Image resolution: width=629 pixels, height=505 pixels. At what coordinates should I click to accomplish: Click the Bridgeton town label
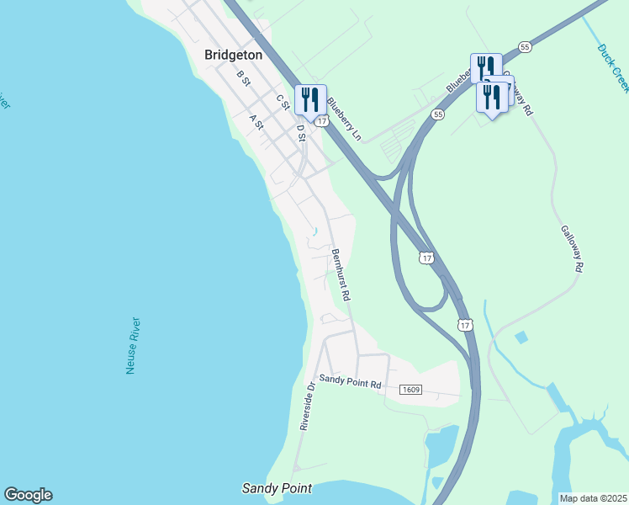coord(233,55)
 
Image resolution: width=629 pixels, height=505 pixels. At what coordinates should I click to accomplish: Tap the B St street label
coord(244,78)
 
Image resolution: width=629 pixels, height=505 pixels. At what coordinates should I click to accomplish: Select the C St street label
coord(283,101)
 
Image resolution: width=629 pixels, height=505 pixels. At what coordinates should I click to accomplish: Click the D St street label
coord(301,132)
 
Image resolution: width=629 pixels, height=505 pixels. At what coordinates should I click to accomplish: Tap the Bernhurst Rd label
coord(341,275)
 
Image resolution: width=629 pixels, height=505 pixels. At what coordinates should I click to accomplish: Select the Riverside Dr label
coord(306,407)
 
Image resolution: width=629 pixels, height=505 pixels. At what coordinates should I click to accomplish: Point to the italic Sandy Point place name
coord(277,488)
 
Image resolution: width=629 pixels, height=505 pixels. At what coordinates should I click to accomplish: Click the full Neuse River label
coord(132,346)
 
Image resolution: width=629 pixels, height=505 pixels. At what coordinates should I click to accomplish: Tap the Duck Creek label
coord(613,67)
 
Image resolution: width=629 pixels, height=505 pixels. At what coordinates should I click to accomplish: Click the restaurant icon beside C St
coord(310,99)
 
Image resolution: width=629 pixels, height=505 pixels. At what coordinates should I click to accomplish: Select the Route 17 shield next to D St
coord(321,121)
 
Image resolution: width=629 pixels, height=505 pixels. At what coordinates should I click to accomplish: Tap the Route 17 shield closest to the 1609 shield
coord(465,324)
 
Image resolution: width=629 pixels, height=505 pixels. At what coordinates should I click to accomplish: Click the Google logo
coord(28,495)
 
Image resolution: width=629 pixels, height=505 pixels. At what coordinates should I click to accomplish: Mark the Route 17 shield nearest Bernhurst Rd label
coord(427,258)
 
